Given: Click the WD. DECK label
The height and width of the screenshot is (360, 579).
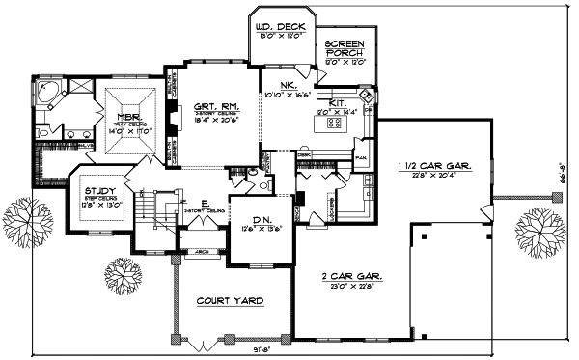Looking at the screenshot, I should (280, 25).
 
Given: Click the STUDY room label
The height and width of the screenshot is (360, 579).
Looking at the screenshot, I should (99, 193).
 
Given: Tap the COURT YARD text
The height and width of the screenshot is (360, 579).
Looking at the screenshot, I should (230, 301).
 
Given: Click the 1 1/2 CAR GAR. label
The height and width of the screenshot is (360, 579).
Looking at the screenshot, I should (434, 167).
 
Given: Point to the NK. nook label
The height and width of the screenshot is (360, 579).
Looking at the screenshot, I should (287, 85).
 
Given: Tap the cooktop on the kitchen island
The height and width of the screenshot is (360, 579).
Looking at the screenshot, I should (335, 124).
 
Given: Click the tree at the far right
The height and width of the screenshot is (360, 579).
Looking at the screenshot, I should (539, 232).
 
